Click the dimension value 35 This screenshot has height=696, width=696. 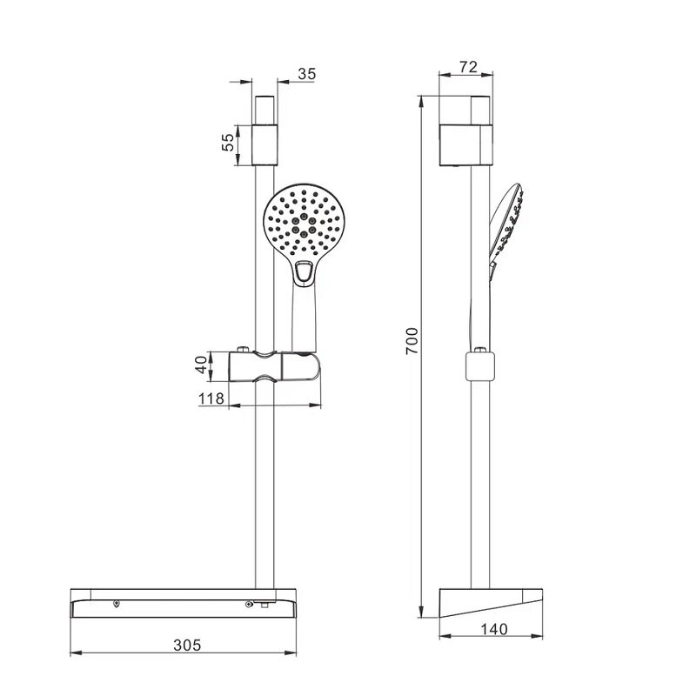[x=307, y=74]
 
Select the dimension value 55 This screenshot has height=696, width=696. [x=228, y=142]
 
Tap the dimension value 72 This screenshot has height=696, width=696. [x=468, y=67]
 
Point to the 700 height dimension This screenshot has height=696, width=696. [x=412, y=341]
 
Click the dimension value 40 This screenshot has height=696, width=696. [x=202, y=365]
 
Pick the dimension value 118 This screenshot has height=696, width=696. [x=211, y=398]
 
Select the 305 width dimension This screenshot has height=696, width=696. [x=187, y=645]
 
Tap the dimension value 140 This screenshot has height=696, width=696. [x=494, y=629]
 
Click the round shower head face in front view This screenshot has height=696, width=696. [x=304, y=221]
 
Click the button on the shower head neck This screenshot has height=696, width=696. [x=304, y=271]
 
